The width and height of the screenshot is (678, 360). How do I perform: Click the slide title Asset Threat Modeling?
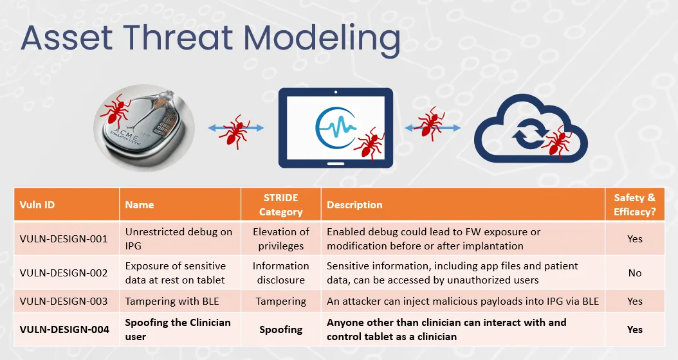click(x=210, y=38)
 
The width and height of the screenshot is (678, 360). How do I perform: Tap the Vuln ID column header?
click(x=37, y=205)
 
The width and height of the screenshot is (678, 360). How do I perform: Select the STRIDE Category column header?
click(x=280, y=205)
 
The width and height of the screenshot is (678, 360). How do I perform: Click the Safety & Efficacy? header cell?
click(x=634, y=205)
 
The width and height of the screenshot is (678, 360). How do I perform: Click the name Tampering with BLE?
click(x=172, y=301)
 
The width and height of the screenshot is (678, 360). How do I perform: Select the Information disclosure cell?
click(x=280, y=273)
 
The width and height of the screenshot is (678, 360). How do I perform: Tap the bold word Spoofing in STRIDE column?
click(x=280, y=330)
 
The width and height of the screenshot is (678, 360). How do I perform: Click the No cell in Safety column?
click(x=635, y=273)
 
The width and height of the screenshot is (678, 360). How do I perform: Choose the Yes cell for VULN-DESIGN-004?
click(x=635, y=329)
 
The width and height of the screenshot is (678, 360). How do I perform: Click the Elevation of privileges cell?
click(x=280, y=239)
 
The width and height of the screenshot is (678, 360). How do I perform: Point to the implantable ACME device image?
click(x=144, y=129)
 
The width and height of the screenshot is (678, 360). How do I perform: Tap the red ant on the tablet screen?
click(x=369, y=144)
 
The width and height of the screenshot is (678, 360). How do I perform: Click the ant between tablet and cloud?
click(x=431, y=124)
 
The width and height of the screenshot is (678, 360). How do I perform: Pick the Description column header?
click(x=354, y=205)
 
